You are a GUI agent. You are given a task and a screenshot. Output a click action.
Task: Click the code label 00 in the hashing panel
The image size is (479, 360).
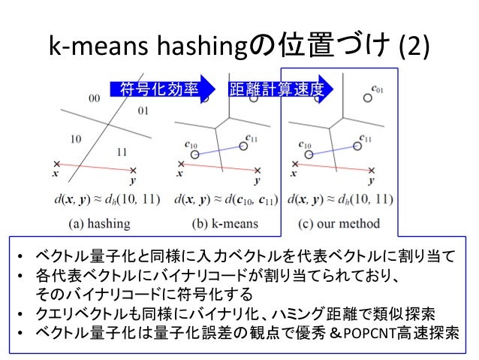point(95,98)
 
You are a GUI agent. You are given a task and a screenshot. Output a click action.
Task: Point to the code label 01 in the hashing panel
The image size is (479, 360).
point(143,110)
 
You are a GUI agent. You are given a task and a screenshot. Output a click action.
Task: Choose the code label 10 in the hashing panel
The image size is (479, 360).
point(75,139)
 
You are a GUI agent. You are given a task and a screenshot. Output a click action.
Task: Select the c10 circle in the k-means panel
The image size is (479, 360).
point(194,154)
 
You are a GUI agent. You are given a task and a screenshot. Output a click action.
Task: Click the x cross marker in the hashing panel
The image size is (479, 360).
point(57,163)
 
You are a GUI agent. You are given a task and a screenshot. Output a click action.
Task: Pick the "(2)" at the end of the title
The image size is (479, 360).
point(414,46)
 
